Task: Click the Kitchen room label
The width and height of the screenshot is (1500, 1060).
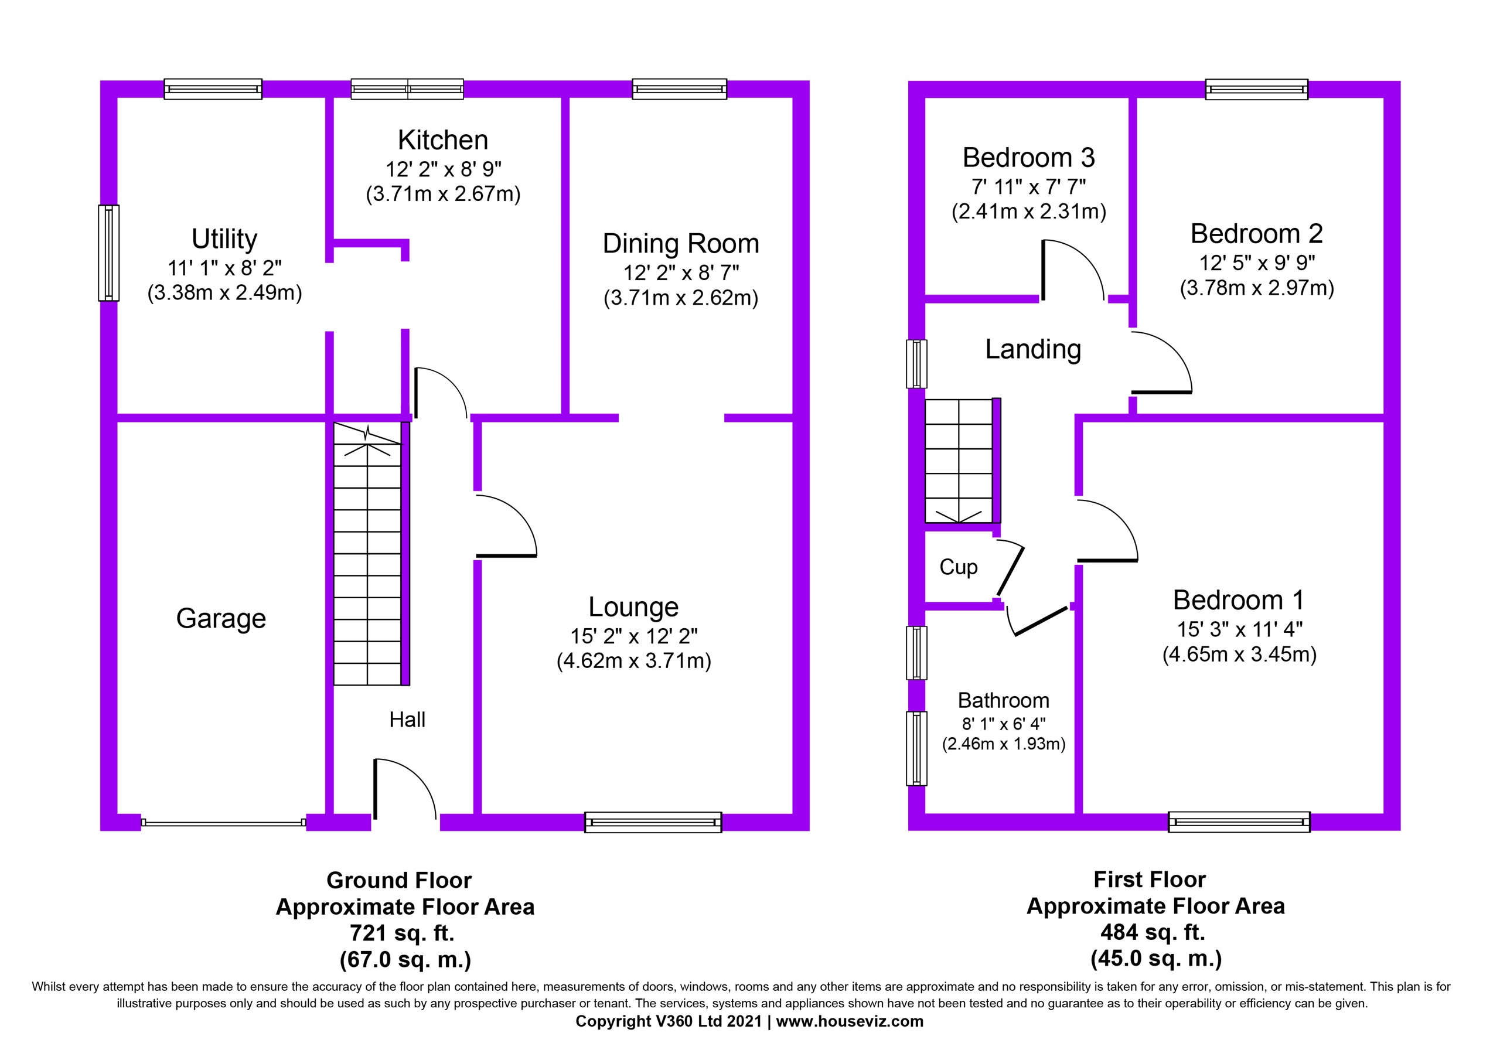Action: point(443,140)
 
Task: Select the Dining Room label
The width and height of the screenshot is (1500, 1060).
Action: point(681,244)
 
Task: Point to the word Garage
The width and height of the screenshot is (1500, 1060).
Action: point(221,618)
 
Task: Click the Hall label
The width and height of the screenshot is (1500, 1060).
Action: point(407,720)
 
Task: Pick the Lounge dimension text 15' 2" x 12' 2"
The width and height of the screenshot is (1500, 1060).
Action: point(634,636)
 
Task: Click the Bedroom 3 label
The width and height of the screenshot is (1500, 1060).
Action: point(1028,158)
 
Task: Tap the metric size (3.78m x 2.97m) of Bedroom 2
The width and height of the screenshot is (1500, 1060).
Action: point(1256,288)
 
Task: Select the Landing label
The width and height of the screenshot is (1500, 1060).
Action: point(1033,350)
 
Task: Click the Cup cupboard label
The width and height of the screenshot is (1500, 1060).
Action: point(959,567)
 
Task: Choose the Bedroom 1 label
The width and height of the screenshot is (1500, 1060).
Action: point(1239,600)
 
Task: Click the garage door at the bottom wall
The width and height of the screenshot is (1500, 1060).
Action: point(223,823)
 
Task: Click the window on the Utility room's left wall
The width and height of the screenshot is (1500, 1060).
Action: point(109,253)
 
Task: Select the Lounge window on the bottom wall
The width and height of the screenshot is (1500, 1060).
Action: point(653,822)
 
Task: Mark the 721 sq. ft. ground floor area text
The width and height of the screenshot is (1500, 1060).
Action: point(402,933)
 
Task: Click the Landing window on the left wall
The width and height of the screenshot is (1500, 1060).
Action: point(916,364)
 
